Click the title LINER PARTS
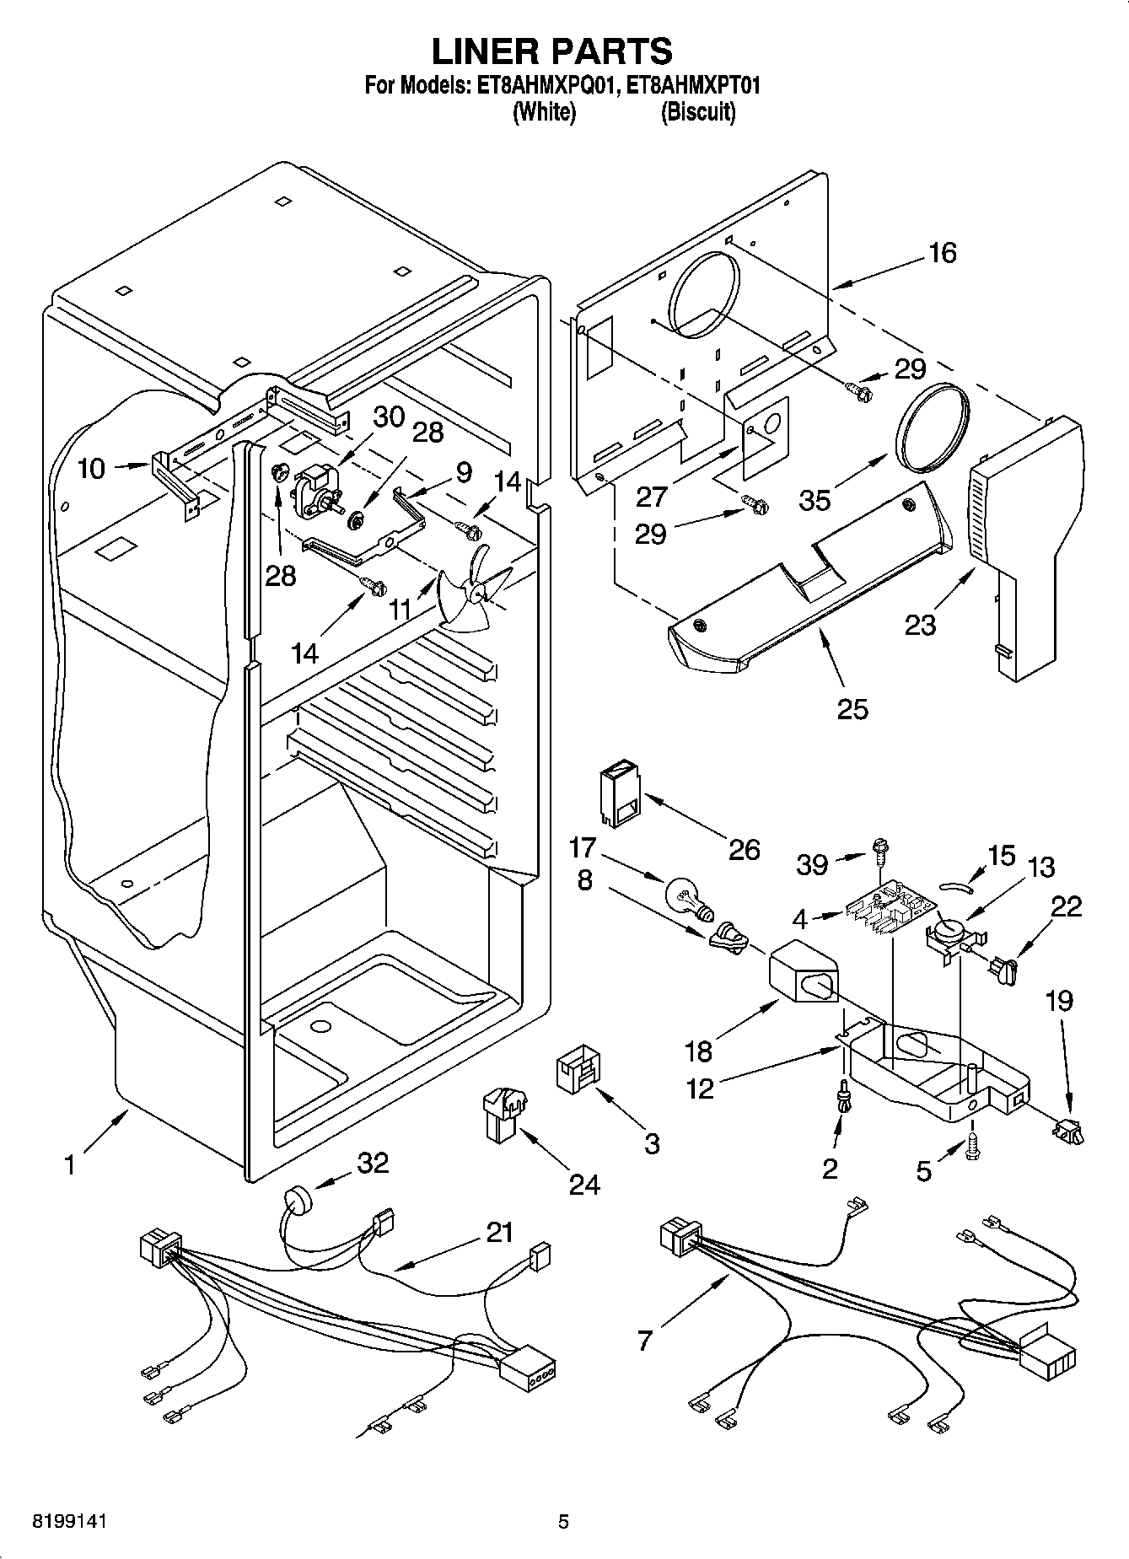[552, 51]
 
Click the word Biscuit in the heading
[697, 113]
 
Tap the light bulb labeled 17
[686, 896]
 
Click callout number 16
[942, 252]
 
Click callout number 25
[852, 709]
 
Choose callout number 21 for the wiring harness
[499, 1232]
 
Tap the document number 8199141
[71, 1521]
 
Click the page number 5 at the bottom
[563, 1521]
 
